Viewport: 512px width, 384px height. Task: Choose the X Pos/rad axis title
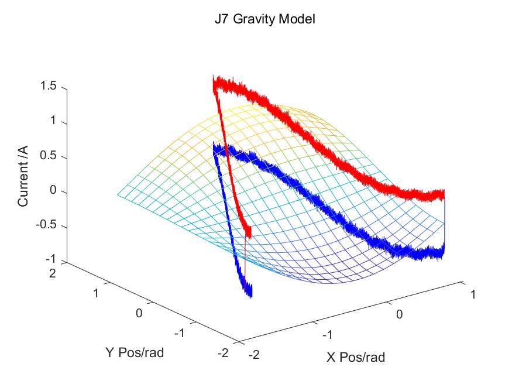point(356,356)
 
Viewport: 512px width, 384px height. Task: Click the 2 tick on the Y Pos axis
point(51,273)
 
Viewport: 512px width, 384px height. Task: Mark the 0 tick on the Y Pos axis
point(139,313)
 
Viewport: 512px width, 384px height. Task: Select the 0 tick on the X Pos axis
point(400,314)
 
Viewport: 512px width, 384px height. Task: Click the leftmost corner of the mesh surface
point(117,194)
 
